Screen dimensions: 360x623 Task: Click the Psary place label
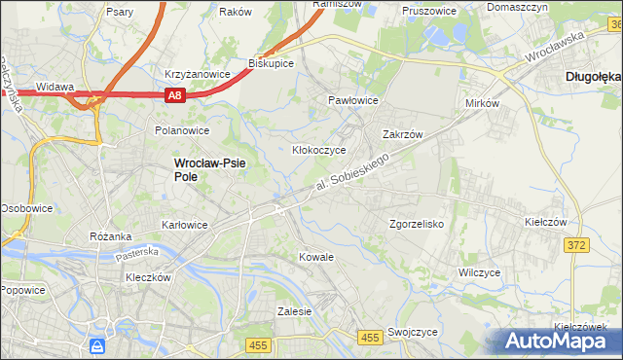pyautogui.click(x=121, y=12)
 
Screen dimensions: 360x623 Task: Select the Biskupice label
pyautogui.click(x=271, y=62)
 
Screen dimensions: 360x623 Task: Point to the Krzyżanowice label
pyautogui.click(x=197, y=73)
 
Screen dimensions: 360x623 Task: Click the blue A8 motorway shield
pyautogui.click(x=174, y=94)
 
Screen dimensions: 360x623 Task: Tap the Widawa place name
pyautogui.click(x=55, y=87)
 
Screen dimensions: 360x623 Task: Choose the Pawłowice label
pyautogui.click(x=352, y=100)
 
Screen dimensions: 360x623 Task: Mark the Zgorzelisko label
pyautogui.click(x=417, y=223)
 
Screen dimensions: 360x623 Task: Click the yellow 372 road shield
pyautogui.click(x=576, y=245)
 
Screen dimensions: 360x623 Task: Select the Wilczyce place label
pyautogui.click(x=479, y=273)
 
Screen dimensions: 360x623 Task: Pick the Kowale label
pyautogui.click(x=317, y=257)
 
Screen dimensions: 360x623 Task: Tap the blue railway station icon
pyautogui.click(x=97, y=345)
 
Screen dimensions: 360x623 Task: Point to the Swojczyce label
pyautogui.click(x=412, y=332)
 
